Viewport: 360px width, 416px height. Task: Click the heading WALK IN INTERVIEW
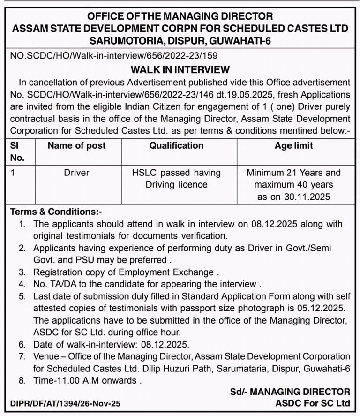pos(180,70)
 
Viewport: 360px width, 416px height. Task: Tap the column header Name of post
pos(76,146)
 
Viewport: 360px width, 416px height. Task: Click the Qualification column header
pos(176,146)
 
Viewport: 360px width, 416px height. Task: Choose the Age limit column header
pos(293,146)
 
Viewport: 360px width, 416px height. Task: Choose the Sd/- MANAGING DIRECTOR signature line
pos(290,391)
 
